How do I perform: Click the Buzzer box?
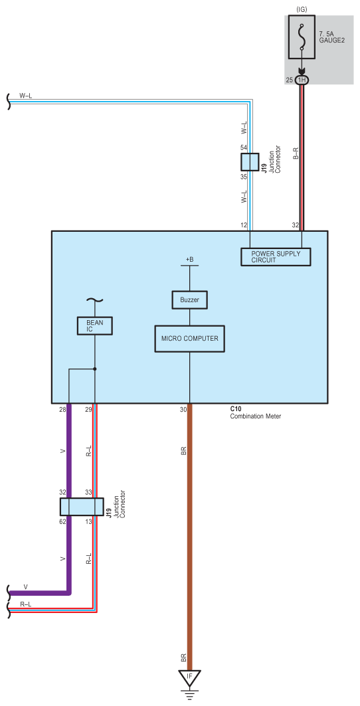(x=189, y=300)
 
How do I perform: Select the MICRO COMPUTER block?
(x=189, y=338)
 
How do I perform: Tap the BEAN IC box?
(x=94, y=325)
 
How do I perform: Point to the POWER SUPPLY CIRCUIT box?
(x=276, y=256)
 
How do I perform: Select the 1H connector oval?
(x=302, y=80)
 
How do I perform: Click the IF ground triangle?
(x=189, y=677)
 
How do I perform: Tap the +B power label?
(x=189, y=259)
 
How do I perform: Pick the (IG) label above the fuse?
(x=302, y=9)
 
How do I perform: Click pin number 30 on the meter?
(x=183, y=409)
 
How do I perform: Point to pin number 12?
(x=244, y=225)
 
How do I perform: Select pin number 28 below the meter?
(x=62, y=409)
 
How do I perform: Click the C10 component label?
(x=236, y=409)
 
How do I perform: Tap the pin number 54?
(x=244, y=147)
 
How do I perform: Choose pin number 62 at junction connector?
(x=62, y=521)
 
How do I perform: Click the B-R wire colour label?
(x=296, y=153)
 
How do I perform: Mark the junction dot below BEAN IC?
(x=94, y=369)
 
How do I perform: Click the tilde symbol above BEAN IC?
(x=94, y=300)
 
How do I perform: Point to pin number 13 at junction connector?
(x=89, y=521)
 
